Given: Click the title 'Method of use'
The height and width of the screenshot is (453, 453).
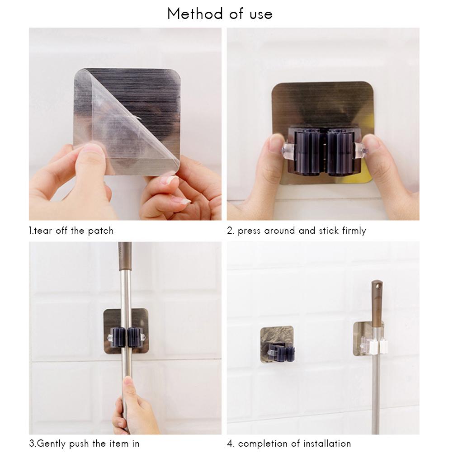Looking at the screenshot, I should coord(220,14).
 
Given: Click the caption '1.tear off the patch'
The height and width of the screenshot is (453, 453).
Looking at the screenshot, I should coord(71,231).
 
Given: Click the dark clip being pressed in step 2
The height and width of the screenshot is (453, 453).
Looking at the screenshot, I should coord(322,151).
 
